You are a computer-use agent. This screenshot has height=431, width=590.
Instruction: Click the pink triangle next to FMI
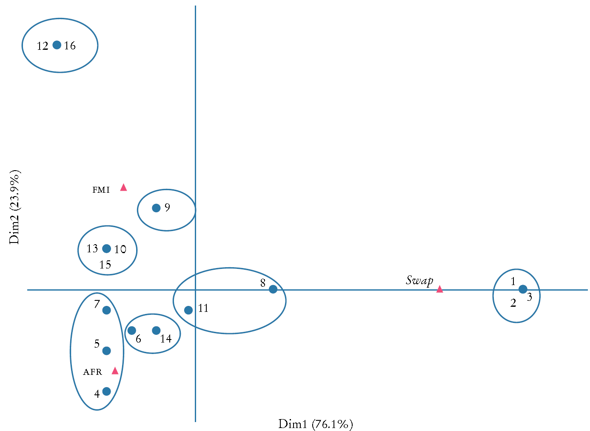[x=123, y=187]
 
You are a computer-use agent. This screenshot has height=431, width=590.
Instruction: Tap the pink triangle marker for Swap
[x=439, y=289]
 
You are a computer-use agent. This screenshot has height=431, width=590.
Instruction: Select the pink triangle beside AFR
[x=115, y=371]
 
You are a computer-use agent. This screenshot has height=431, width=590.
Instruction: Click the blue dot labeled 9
[x=156, y=208]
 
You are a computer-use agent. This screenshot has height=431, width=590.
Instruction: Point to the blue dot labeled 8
[x=273, y=289]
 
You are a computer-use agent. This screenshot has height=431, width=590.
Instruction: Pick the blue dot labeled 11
[x=188, y=310]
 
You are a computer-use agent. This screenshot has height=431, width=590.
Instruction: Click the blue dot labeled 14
[x=156, y=331]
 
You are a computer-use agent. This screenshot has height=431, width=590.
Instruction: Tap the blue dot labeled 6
[x=132, y=331]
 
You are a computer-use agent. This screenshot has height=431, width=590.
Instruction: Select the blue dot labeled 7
[x=107, y=310]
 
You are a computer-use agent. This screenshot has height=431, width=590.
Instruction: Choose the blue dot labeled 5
[x=107, y=351]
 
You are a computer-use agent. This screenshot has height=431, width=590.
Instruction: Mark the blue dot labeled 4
[x=107, y=391]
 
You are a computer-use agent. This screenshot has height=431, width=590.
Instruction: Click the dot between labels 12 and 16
[x=57, y=45]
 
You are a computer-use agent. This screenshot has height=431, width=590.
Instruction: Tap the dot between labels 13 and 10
[x=107, y=248]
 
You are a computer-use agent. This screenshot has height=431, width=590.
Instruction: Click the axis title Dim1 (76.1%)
[x=315, y=424]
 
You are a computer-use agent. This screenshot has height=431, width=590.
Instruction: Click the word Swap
[x=419, y=280]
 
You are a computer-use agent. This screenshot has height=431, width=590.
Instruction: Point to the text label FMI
[x=101, y=190]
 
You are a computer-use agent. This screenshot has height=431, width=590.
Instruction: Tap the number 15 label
[x=105, y=265]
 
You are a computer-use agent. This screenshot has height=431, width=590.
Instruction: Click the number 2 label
[x=513, y=303]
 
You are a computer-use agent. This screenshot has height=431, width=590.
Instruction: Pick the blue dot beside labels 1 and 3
[x=523, y=289]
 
